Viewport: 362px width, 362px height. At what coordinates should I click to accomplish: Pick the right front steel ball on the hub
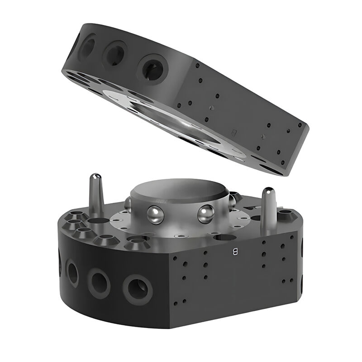tap(205, 214)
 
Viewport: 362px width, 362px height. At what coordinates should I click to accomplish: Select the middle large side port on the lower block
tap(99, 283)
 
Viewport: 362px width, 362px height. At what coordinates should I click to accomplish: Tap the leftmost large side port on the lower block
tap(72, 273)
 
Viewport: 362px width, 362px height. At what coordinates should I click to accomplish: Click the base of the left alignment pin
tap(95, 213)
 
